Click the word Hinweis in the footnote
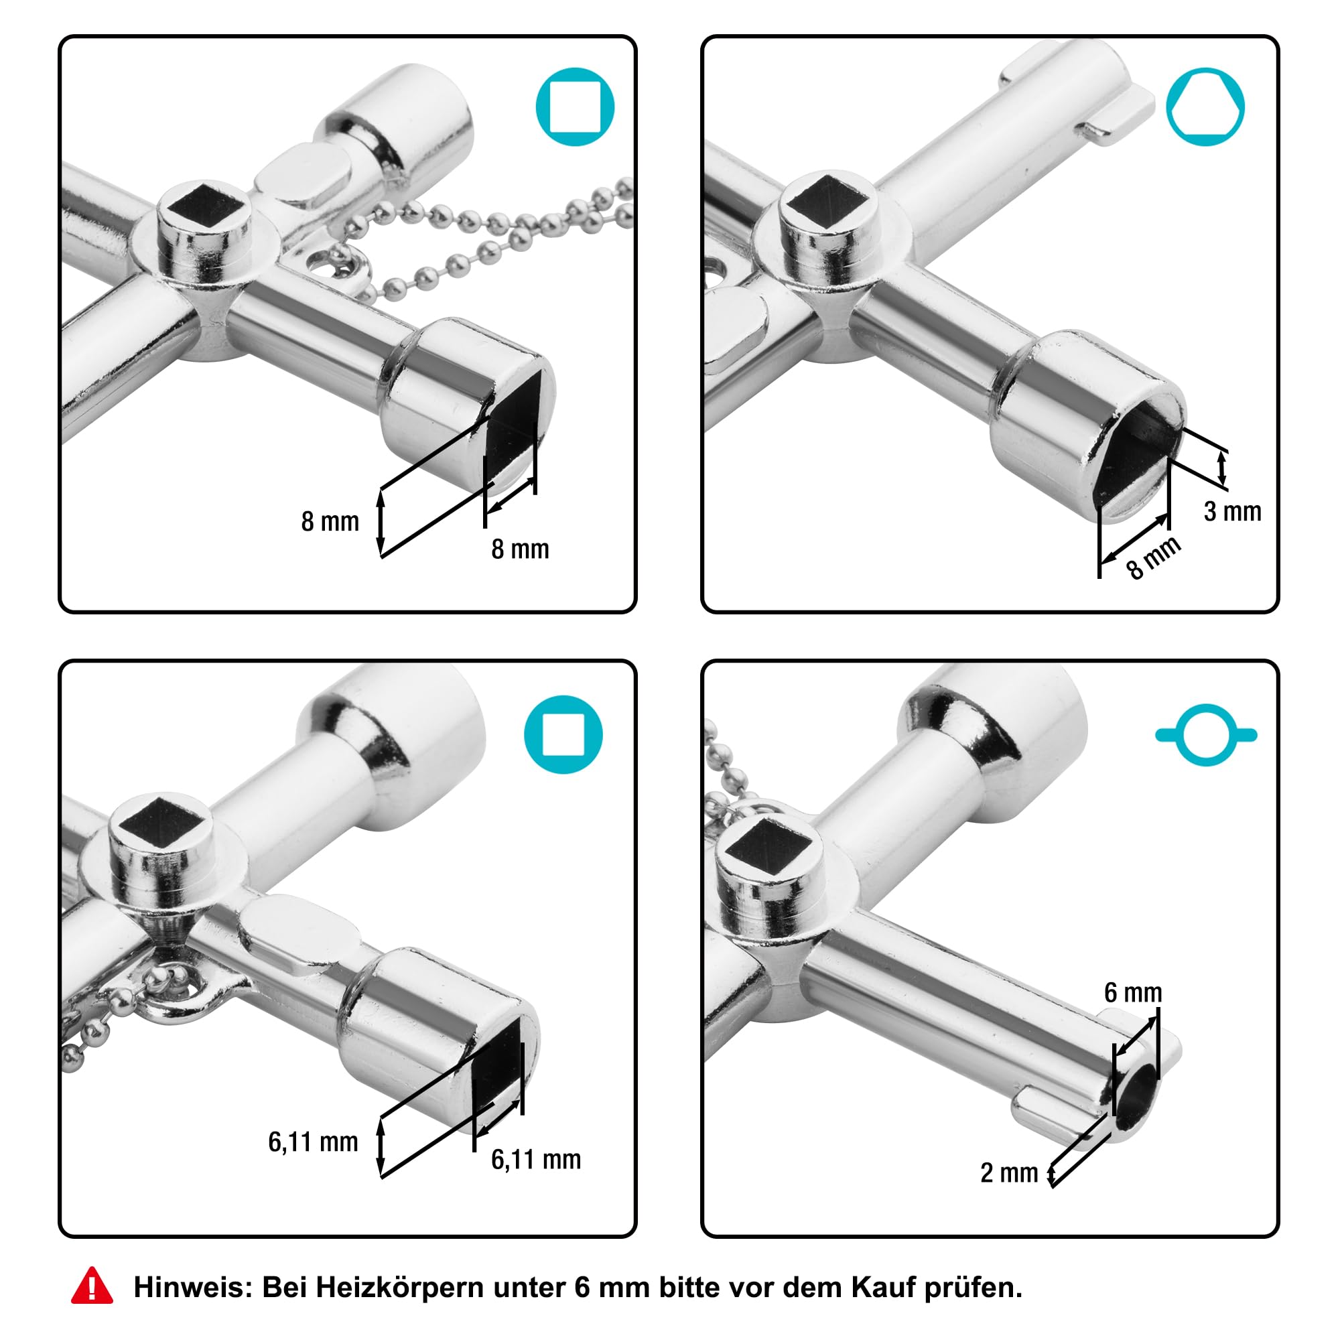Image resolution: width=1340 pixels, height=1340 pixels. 192,1287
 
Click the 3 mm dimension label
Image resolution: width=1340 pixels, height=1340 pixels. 1233,511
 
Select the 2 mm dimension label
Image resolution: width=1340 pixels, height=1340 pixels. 1009,1173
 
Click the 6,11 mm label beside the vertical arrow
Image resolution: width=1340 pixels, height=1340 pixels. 313,1142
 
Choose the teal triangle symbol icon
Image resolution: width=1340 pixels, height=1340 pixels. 1205,107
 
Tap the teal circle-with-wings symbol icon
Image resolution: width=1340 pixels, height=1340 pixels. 1206,734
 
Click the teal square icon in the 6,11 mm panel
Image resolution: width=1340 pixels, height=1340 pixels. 563,734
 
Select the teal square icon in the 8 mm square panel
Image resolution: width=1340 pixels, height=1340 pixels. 575,107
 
